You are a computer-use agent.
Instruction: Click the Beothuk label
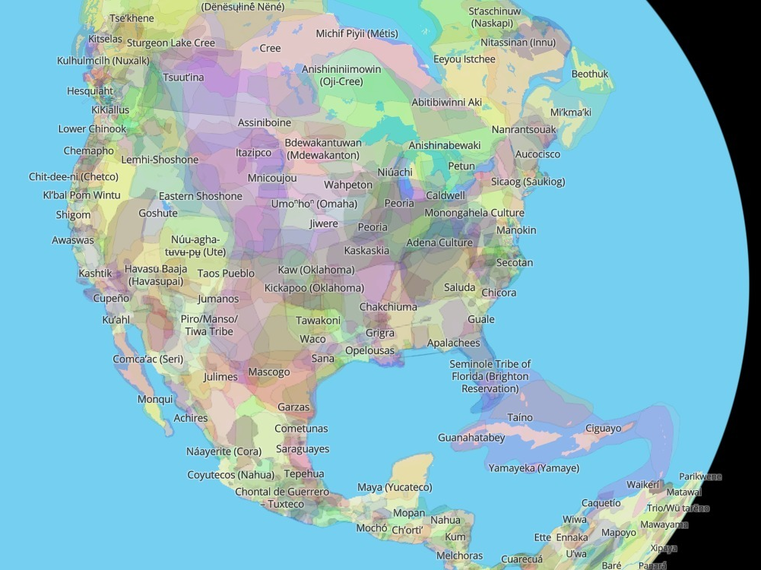[590, 74]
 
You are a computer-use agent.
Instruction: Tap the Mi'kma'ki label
[570, 112]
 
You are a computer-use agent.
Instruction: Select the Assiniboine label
[264, 122]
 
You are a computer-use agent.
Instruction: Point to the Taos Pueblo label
[226, 273]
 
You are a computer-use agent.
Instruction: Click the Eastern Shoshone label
[200, 196]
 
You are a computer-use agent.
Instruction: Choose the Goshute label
[157, 214]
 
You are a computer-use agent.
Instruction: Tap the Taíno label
[520, 417]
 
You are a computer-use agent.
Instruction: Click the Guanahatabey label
[471, 438]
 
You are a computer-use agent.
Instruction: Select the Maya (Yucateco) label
[395, 487]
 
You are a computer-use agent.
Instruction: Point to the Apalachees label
[453, 343]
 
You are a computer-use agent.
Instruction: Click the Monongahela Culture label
[474, 213]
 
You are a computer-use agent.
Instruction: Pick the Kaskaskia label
[366, 250]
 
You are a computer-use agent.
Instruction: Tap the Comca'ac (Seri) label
[147, 359]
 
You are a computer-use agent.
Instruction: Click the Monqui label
[155, 399]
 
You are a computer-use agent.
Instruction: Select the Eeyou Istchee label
[464, 59]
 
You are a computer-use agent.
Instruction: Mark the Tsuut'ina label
[183, 78]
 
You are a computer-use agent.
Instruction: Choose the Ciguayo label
[603, 428]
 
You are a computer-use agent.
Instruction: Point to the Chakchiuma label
[388, 307]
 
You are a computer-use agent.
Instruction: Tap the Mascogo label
[269, 372]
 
